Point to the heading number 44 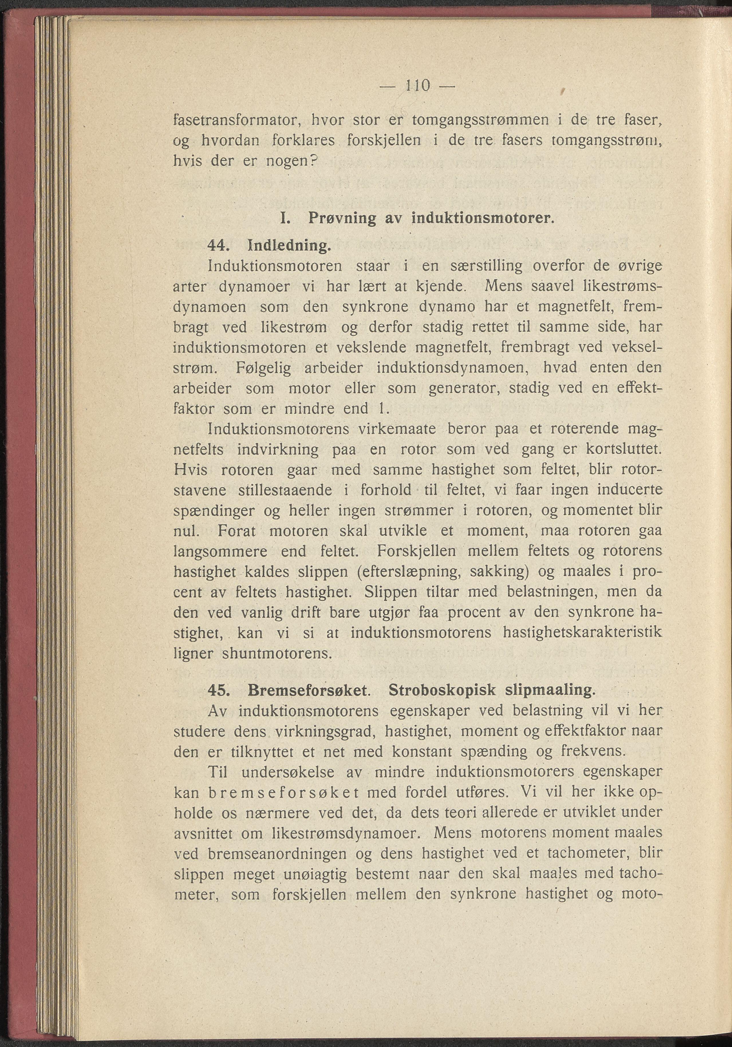[218, 246]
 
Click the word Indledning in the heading [288, 246]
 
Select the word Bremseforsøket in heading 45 [308, 691]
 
